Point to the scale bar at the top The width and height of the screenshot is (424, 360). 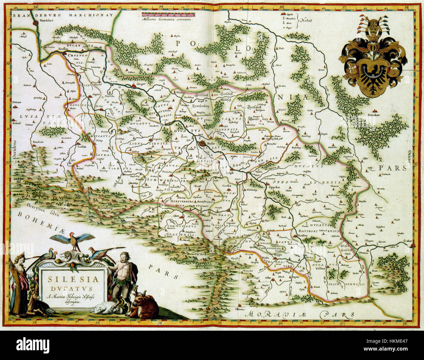pyautogui.click(x=169, y=15)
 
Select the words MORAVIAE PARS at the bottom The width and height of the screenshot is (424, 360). pyautogui.click(x=300, y=314)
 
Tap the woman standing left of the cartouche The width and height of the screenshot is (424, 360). pyautogui.click(x=20, y=284)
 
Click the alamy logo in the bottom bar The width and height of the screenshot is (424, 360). pyautogui.click(x=33, y=345)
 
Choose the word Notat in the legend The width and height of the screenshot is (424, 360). pyautogui.click(x=307, y=21)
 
